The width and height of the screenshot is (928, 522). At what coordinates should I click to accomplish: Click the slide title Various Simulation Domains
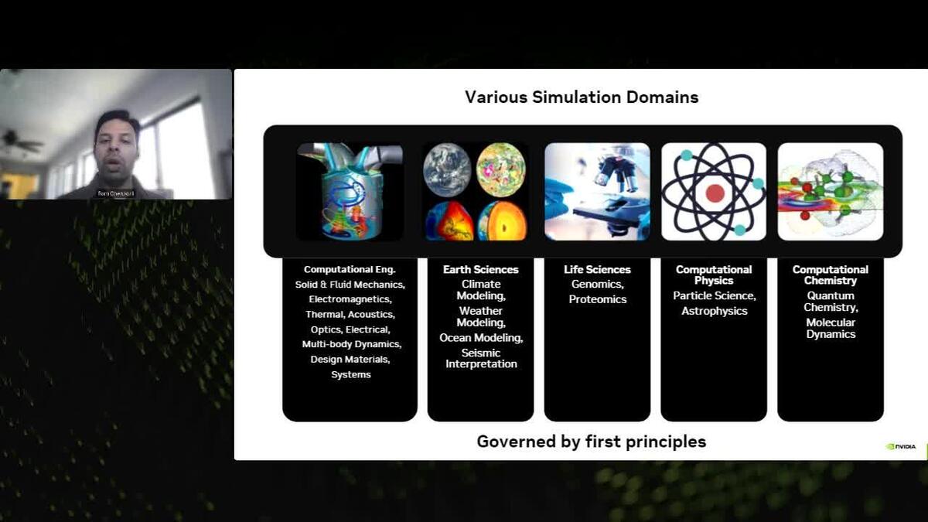[582, 97]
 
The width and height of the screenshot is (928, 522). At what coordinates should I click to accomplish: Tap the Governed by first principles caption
[591, 442]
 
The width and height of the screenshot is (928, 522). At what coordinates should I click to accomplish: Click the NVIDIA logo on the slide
[901, 446]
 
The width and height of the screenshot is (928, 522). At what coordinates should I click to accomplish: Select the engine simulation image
[350, 191]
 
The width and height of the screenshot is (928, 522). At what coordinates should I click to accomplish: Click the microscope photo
[597, 191]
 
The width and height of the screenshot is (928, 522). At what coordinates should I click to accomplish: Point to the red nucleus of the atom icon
[715, 193]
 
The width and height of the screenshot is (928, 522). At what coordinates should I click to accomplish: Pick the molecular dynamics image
[831, 191]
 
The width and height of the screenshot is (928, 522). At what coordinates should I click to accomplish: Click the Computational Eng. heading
[350, 270]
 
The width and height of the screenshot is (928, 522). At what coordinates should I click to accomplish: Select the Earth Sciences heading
[480, 270]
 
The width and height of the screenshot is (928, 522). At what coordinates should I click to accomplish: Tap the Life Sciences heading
[597, 270]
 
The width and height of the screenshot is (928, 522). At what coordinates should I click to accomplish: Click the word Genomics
[597, 285]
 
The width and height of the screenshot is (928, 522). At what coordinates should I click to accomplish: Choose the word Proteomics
[597, 299]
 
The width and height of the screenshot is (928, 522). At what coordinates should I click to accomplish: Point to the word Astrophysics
[715, 311]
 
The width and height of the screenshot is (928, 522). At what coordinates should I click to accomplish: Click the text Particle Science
[715, 295]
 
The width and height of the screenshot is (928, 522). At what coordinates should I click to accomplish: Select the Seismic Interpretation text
[480, 359]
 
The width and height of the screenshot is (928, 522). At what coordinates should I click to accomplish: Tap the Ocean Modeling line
[480, 338]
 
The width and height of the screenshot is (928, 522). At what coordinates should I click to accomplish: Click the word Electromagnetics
[350, 299]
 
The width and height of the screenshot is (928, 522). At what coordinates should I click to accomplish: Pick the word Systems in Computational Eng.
[351, 374]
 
